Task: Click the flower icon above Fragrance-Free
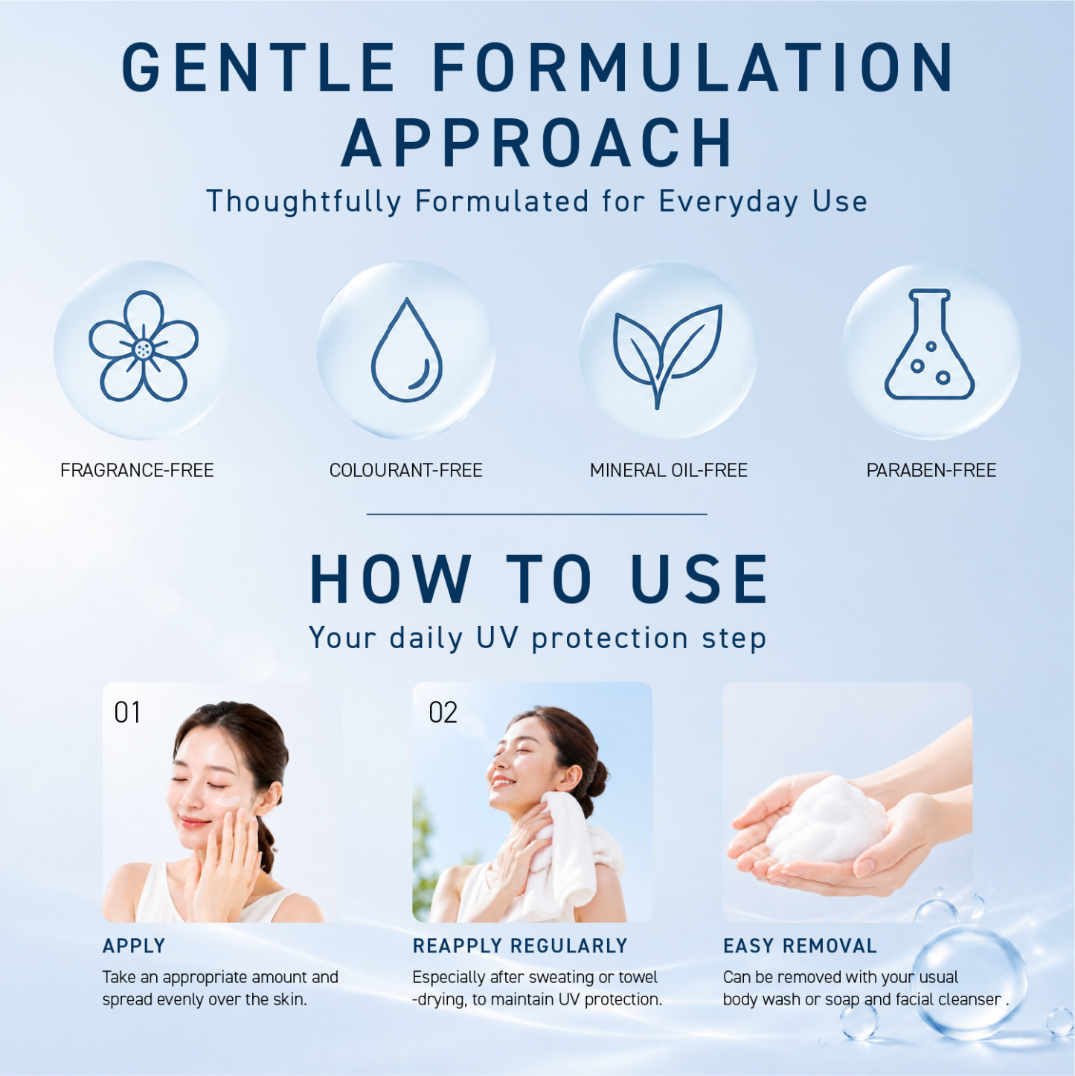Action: (x=144, y=346)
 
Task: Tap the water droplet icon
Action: (x=406, y=350)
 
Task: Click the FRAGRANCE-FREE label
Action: (x=137, y=471)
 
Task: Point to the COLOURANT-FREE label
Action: (x=406, y=471)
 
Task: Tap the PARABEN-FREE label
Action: (x=931, y=471)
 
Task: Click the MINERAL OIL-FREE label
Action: (x=669, y=471)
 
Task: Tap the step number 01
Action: (x=127, y=712)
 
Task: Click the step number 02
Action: (x=443, y=712)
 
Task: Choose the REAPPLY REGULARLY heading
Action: (x=521, y=946)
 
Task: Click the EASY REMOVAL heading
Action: (x=800, y=946)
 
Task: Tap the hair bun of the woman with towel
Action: (x=599, y=778)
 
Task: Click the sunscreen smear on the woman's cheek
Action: (x=229, y=801)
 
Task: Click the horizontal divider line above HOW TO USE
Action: (x=536, y=513)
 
